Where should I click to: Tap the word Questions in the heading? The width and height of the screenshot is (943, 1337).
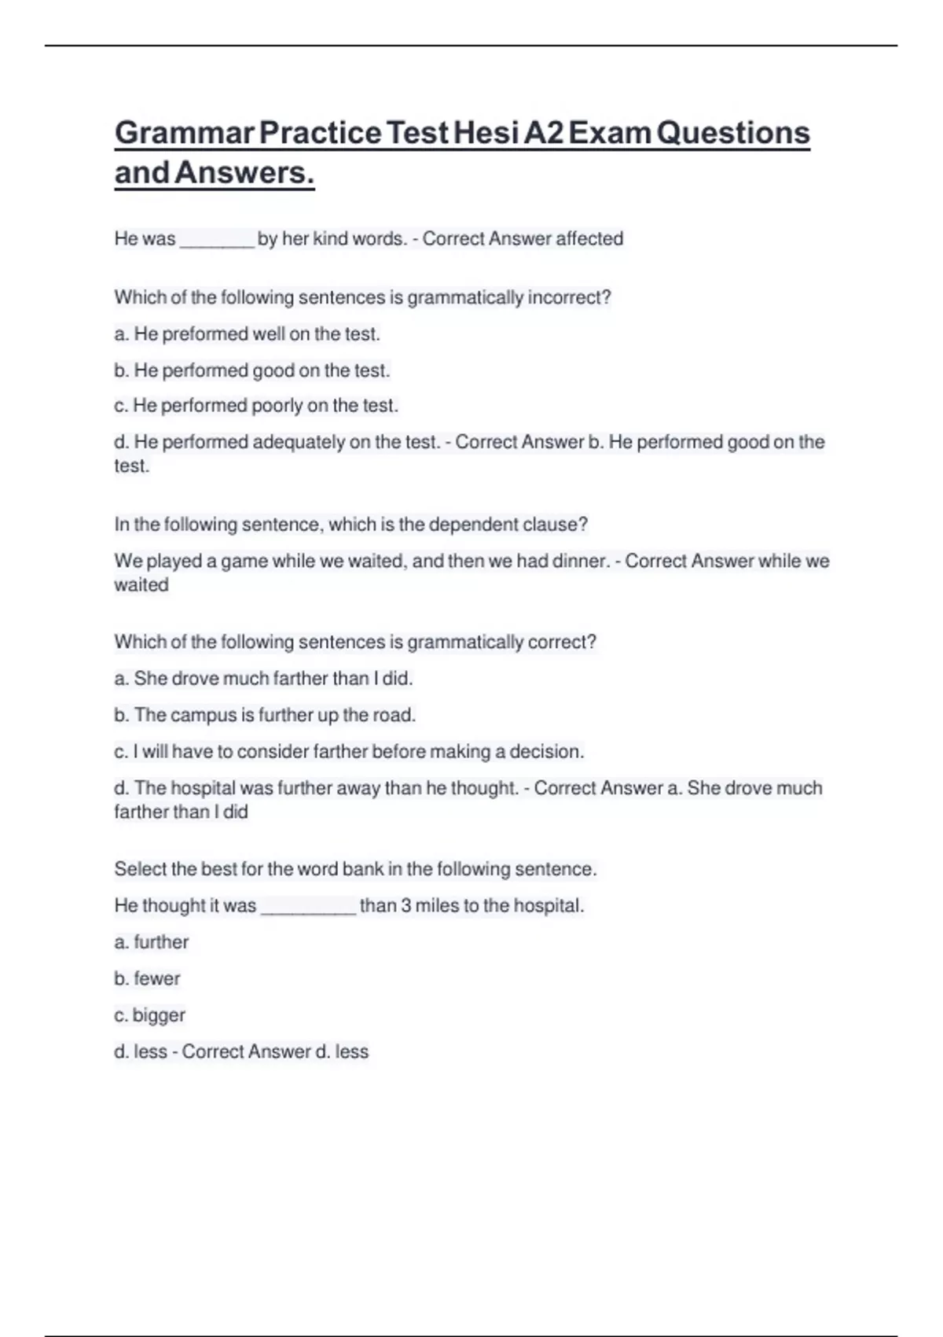[732, 132]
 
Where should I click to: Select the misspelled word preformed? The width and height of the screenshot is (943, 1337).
[205, 334]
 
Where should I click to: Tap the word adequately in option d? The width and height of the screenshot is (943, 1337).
[298, 442]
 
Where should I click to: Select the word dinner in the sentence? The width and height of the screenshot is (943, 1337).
[579, 561]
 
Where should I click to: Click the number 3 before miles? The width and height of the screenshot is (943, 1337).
[406, 905]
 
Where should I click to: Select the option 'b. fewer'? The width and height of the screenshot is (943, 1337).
[147, 978]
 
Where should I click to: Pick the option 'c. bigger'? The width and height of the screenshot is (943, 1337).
[149, 1015]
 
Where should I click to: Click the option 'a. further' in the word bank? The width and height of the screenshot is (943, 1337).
[152, 941]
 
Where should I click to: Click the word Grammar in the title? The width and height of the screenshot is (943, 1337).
[183, 132]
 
